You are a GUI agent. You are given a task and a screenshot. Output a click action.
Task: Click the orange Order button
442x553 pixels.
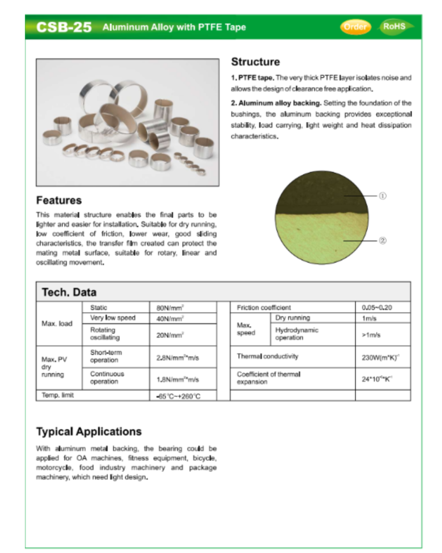pos(355,26)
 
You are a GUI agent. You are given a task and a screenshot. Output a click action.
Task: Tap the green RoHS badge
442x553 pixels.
pos(395,26)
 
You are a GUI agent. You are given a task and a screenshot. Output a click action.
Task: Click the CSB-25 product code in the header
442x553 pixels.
pos(64,27)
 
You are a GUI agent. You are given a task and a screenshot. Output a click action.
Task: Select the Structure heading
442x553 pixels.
pos(255,62)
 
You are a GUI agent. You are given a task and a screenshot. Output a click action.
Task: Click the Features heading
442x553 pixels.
pos(59,200)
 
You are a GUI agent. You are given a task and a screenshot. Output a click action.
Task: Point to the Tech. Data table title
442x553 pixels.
pos(69,292)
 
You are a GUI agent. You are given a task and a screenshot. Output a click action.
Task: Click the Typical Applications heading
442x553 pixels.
pos(89,431)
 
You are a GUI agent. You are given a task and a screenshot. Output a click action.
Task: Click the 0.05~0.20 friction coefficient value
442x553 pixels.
pos(377,307)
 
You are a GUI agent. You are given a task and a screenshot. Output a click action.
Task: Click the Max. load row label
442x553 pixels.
pos(57,323)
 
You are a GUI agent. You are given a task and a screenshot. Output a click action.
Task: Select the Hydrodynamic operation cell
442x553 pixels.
pos(297,334)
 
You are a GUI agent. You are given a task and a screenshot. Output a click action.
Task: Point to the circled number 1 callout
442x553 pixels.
pos(382,196)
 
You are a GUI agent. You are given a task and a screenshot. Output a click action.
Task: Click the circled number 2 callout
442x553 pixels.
pos(382,240)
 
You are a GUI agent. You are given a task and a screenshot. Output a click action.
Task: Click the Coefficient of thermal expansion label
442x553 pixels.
pos(268,377)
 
